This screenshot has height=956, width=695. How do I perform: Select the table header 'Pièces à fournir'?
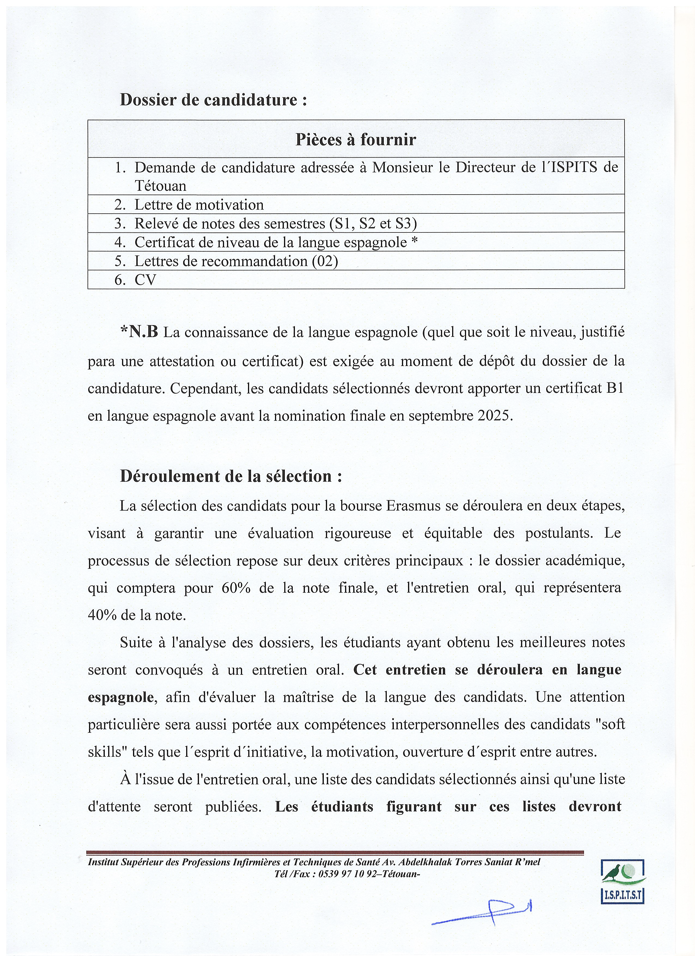(x=355, y=140)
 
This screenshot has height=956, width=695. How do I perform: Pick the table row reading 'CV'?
(x=145, y=280)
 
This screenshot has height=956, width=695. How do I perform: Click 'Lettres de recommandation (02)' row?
(x=236, y=261)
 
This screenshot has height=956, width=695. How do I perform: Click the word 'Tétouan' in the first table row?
(x=160, y=186)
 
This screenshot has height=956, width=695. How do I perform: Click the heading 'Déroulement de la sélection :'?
(x=231, y=476)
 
